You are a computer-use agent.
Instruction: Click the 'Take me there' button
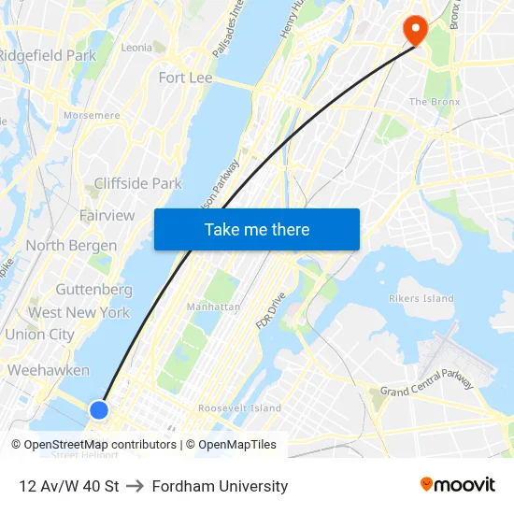point(257,230)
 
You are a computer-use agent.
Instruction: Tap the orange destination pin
point(414,30)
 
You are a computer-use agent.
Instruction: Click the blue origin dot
point(99,409)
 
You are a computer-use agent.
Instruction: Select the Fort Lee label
point(185,78)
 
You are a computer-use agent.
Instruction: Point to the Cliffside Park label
point(138,183)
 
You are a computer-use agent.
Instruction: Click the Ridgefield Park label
point(47,55)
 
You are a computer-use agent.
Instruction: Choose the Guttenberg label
point(93,290)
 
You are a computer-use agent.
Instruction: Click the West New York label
point(79,312)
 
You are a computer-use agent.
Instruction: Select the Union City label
point(39,334)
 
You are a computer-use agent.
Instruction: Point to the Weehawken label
point(49,370)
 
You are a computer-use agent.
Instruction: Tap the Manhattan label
point(213,307)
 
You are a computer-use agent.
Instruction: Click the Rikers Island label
point(421,299)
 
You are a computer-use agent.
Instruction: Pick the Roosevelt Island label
point(239,408)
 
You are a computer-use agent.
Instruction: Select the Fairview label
point(107,215)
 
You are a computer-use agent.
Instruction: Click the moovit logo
point(458,484)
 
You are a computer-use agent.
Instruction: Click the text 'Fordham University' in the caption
point(220,486)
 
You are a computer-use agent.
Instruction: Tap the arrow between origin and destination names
point(135,486)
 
